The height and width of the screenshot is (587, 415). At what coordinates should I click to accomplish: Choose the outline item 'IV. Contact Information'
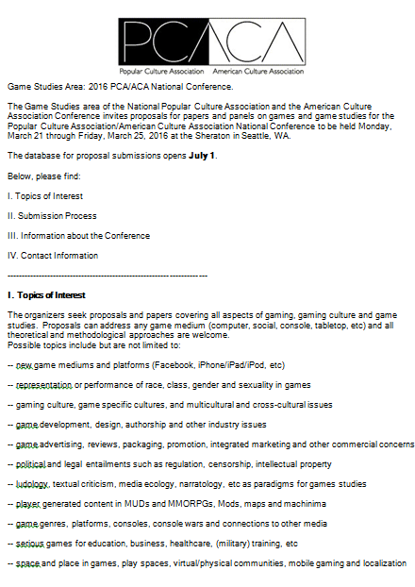pos(52,255)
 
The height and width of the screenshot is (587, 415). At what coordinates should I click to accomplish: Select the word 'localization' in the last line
pos(377,563)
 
